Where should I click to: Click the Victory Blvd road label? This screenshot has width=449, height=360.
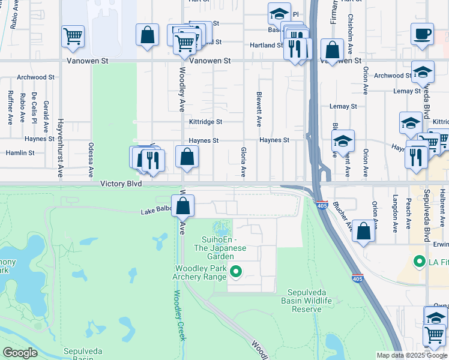coord(121,184)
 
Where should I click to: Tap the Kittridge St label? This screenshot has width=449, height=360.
coord(205,122)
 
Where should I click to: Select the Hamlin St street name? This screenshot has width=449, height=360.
coord(20,153)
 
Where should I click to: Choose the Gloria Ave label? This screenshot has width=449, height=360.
coord(243,162)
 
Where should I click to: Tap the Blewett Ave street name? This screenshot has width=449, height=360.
coord(259,109)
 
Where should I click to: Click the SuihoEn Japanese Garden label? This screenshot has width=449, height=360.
coord(220,244)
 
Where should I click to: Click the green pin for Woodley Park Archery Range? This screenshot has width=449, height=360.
coord(236,273)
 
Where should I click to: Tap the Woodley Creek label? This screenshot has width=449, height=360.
coord(179,315)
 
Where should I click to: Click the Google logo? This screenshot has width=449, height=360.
coord(20,353)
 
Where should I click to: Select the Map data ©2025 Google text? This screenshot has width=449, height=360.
coord(411,355)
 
